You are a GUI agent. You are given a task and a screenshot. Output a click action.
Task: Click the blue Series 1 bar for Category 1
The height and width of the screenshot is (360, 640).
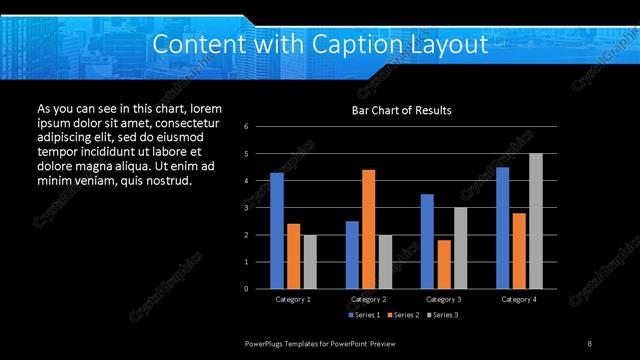pyautogui.click(x=277, y=231)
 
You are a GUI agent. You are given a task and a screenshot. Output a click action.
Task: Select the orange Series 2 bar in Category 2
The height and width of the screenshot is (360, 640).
pyautogui.click(x=368, y=229)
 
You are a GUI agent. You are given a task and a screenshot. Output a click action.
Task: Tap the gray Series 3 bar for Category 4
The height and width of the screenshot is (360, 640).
pyautogui.click(x=535, y=221)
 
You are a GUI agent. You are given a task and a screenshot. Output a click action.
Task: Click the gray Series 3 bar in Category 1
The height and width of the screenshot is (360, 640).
pyautogui.click(x=309, y=262)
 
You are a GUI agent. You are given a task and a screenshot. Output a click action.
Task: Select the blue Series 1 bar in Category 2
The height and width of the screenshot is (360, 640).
pyautogui.click(x=352, y=255)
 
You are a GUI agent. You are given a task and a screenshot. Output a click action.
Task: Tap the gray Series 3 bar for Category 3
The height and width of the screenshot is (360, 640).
pyautogui.click(x=459, y=248)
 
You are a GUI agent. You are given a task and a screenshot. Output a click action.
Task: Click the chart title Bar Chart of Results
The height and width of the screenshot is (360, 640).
pyautogui.click(x=401, y=110)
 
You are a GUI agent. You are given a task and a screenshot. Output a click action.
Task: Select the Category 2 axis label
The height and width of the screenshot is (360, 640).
pyautogui.click(x=368, y=299)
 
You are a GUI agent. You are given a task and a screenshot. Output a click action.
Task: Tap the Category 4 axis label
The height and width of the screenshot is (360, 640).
pyautogui.click(x=518, y=299)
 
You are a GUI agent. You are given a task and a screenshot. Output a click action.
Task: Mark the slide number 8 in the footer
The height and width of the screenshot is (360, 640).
pyautogui.click(x=589, y=343)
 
